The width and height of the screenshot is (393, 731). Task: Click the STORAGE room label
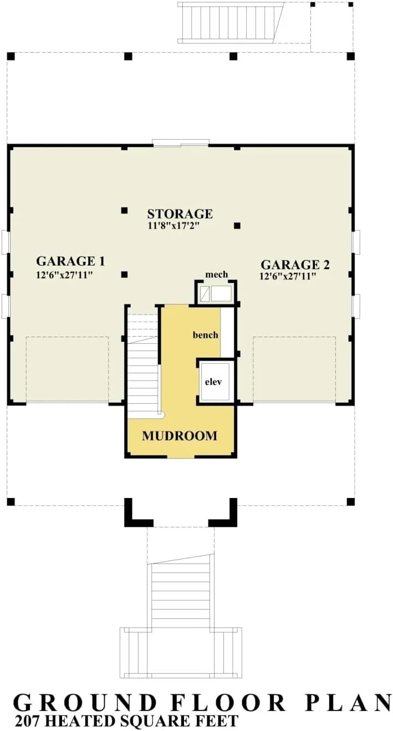pyautogui.click(x=180, y=214)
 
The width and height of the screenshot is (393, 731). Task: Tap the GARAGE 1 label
pyautogui.click(x=70, y=261)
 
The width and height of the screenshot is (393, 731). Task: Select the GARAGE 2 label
pyautogui.click(x=295, y=265)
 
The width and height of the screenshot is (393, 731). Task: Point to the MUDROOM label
pyautogui.click(x=180, y=436)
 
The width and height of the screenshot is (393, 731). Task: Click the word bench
pyautogui.click(x=206, y=335)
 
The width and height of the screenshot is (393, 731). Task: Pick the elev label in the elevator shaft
pyautogui.click(x=213, y=382)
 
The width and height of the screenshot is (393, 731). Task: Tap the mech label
pyautogui.click(x=217, y=275)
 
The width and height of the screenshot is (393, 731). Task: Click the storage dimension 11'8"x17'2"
pyautogui.click(x=173, y=226)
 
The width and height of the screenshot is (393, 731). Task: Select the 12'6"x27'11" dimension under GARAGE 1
pyautogui.click(x=65, y=275)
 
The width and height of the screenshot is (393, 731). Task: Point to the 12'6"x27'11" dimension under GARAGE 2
pyautogui.click(x=288, y=276)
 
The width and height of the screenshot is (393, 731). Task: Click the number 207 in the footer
pyautogui.click(x=28, y=721)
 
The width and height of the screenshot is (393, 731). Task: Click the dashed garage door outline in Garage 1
pyautogui.click(x=67, y=369)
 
